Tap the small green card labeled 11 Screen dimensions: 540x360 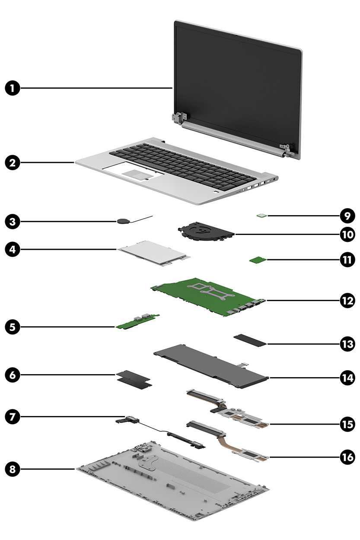tap(258, 260)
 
